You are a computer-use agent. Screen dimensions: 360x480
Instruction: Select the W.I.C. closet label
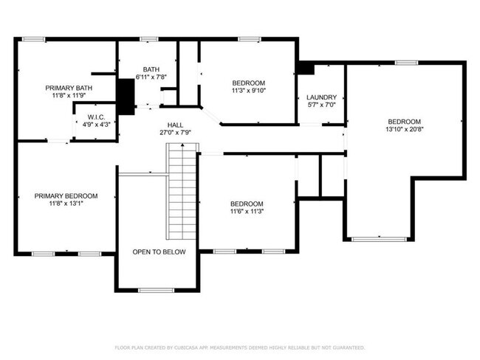coord(95,116)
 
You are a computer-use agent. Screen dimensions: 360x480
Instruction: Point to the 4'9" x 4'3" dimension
coord(95,124)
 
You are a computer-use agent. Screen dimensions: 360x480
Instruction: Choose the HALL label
coord(175,125)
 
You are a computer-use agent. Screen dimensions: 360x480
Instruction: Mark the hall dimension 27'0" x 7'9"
coord(175,133)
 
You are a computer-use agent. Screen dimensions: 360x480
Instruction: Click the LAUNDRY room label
coord(321,97)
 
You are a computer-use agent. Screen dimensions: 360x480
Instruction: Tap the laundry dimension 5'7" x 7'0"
coord(321,105)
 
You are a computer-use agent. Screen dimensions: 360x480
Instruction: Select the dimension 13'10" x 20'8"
coord(404,130)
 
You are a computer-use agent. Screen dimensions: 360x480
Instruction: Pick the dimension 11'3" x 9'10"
coord(248,91)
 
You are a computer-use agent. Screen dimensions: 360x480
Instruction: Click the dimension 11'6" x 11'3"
coord(246,212)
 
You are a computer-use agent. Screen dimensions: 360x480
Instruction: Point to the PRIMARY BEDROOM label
coord(66,195)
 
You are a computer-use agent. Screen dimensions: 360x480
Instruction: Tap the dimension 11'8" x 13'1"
coord(66,204)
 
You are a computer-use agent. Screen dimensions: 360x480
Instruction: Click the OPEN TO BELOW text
coord(159,252)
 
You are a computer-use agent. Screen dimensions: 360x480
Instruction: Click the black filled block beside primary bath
coord(126,96)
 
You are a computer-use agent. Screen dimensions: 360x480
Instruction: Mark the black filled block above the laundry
coord(304,67)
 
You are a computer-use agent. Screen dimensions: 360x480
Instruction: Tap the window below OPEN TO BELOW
coord(156,290)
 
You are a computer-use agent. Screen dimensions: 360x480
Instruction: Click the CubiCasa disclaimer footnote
coord(239,347)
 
